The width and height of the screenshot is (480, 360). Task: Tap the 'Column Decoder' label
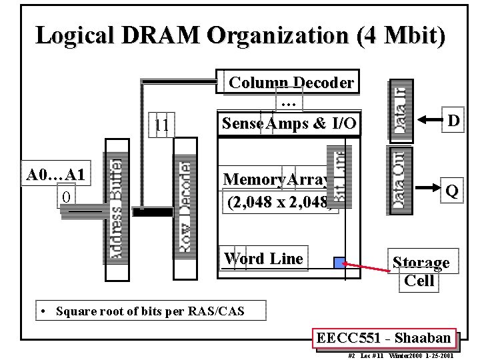pyautogui.click(x=291, y=83)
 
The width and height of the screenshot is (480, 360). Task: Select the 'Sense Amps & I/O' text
pyautogui.click(x=289, y=123)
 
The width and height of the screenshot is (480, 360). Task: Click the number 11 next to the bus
pyautogui.click(x=161, y=125)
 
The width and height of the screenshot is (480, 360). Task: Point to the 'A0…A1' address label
pyautogui.click(x=56, y=175)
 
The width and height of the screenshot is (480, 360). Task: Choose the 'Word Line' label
pyautogui.click(x=263, y=259)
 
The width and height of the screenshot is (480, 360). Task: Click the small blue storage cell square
pyautogui.click(x=339, y=263)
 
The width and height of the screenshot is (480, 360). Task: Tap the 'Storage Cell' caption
pyautogui.click(x=420, y=271)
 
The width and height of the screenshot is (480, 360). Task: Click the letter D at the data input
pyautogui.click(x=453, y=121)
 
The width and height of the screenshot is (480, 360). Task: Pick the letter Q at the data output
pyautogui.click(x=451, y=191)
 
